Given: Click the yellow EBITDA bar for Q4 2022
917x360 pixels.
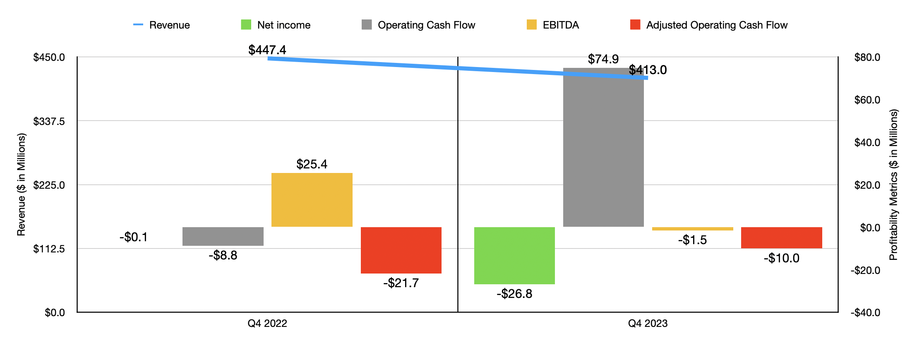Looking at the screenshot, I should point(312,200).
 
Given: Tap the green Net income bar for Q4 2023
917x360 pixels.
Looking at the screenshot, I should point(514,255).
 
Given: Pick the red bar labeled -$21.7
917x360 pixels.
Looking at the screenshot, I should point(401,250).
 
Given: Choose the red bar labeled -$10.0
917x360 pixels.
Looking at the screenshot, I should point(781,238).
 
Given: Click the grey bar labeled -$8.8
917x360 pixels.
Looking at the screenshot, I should point(223,236).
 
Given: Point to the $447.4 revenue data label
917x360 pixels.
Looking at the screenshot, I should point(267,50).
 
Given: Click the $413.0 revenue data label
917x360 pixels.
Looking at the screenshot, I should point(648,70).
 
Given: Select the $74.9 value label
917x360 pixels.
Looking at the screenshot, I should point(603,59).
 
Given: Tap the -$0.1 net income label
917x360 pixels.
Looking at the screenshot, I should point(133,237).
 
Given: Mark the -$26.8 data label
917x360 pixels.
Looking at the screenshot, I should point(514,294).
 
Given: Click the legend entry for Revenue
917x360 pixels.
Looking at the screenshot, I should point(161,25).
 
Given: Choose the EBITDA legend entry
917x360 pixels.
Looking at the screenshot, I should point(553,25).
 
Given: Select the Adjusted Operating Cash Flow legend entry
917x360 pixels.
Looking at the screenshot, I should point(708,25).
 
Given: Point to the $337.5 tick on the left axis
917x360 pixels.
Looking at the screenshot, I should point(49,121).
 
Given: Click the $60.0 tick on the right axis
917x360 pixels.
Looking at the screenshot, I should point(867,100).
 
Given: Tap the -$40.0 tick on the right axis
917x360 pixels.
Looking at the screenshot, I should point(865,312).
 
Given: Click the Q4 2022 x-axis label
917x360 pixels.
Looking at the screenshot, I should point(267,324).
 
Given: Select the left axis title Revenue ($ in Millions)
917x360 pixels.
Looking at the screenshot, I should point(21,185).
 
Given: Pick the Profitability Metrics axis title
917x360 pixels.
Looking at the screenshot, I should point(894,185).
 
